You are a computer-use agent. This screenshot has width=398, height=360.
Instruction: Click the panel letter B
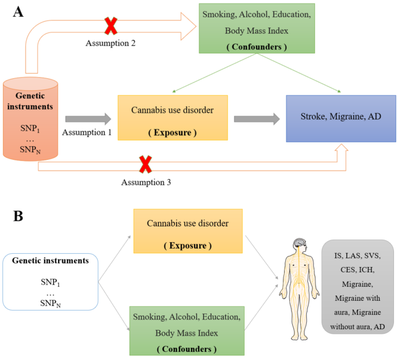click(18, 216)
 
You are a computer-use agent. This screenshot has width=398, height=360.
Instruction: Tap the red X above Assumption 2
click(110, 26)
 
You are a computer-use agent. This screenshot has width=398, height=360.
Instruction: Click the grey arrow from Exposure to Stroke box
click(254, 118)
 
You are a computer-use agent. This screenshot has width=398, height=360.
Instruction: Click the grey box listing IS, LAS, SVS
click(357, 287)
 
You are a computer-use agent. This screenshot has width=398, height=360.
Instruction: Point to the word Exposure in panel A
click(171, 132)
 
